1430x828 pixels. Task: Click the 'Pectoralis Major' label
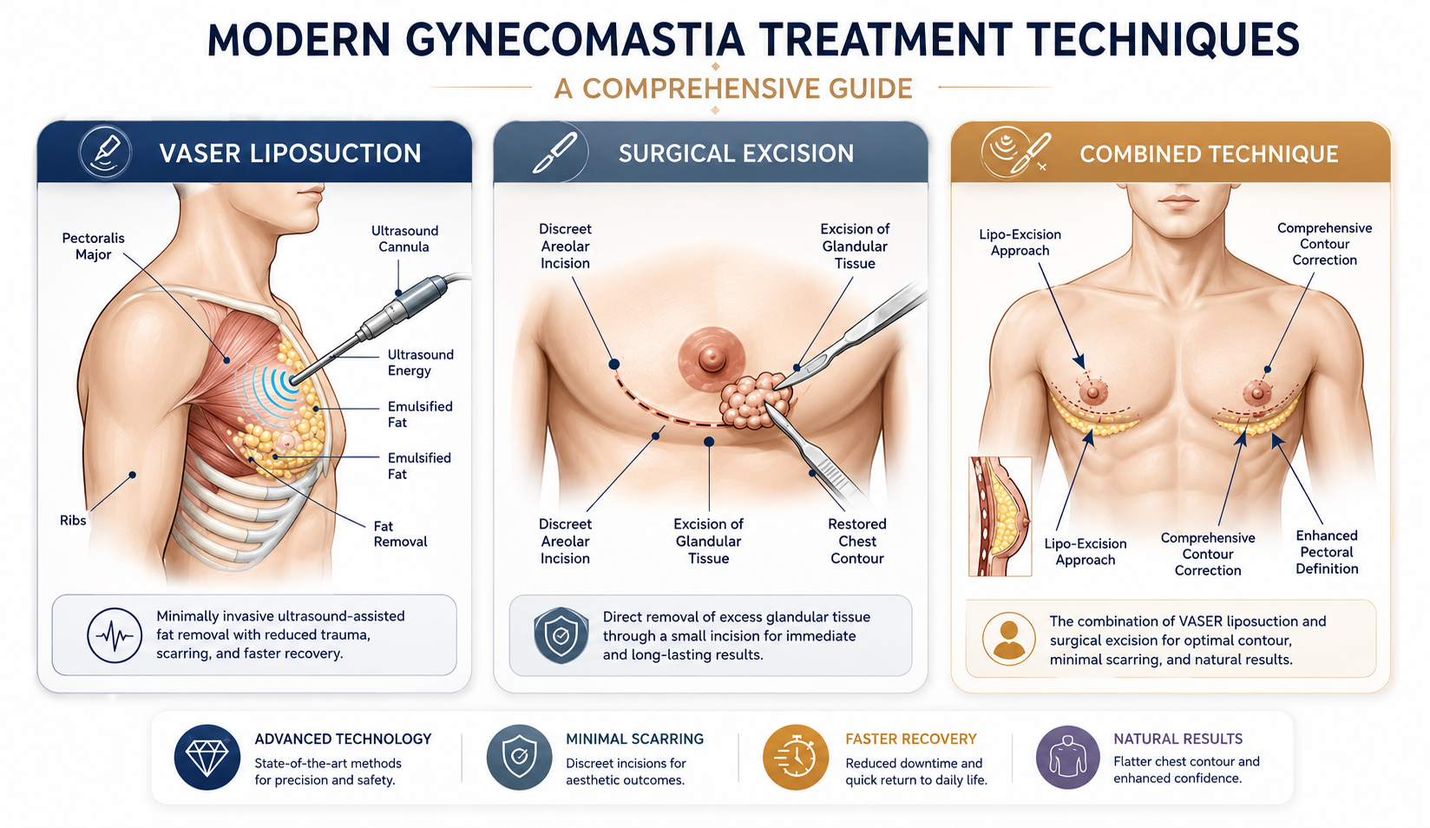[93, 246]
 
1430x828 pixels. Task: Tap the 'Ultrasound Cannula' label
[404, 239]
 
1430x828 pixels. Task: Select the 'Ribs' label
[73, 520]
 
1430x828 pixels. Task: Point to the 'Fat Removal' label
[400, 534]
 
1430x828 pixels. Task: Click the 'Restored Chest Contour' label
[856, 542]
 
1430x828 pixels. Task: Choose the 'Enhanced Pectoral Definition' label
[1327, 552]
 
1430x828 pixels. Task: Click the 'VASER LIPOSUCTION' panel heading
[290, 154]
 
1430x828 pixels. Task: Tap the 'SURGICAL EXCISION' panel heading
[736, 154]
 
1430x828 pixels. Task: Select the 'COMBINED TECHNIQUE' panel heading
[1209, 154]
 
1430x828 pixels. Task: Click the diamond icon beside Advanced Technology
[207, 758]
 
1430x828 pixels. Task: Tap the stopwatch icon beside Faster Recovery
[796, 758]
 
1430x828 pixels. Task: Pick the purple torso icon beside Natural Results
[1067, 758]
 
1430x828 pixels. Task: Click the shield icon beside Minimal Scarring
[519, 758]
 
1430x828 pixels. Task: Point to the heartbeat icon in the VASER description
[115, 635]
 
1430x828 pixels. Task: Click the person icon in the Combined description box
[1008, 639]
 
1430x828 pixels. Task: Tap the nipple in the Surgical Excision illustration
[711, 358]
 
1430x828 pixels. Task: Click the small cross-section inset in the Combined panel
[1000, 516]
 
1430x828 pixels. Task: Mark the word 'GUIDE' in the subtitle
[871, 89]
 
